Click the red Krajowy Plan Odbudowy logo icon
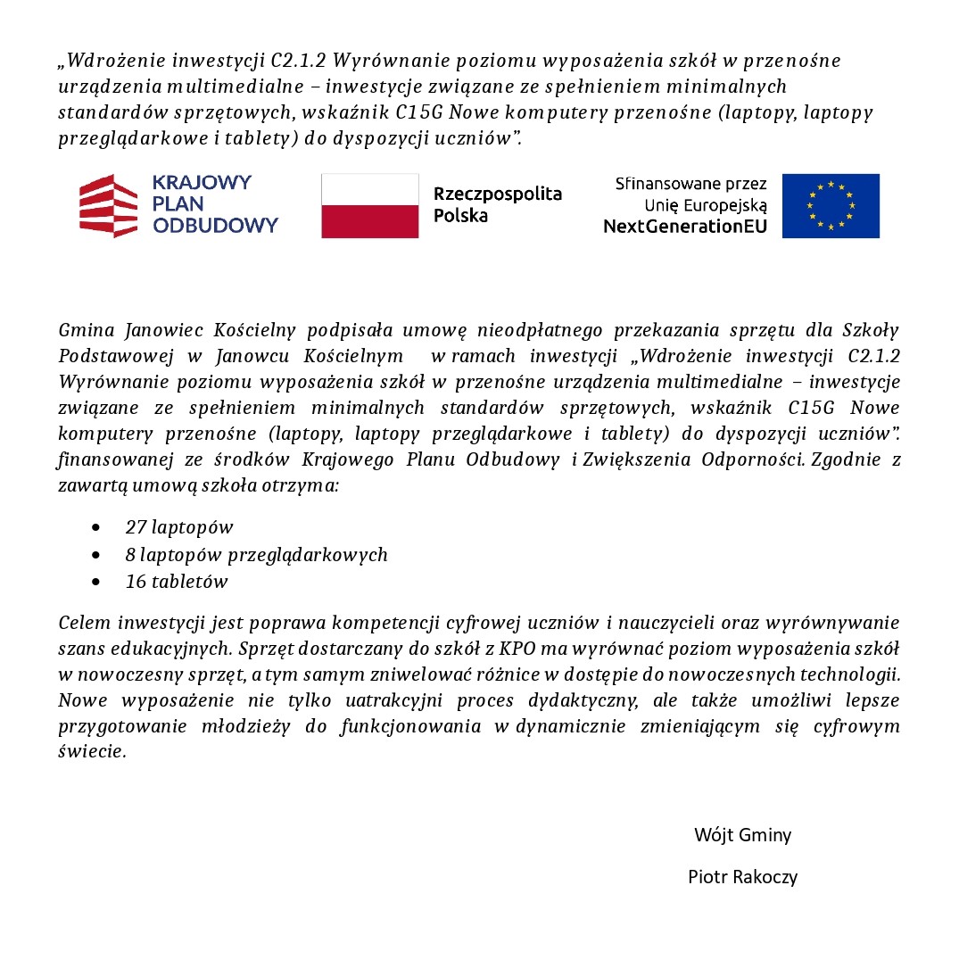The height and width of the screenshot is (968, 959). pyautogui.click(x=109, y=205)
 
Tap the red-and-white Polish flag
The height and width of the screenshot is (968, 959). pyautogui.click(x=369, y=206)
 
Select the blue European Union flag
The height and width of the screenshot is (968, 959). pyautogui.click(x=831, y=206)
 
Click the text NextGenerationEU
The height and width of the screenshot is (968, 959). pyautogui.click(x=684, y=227)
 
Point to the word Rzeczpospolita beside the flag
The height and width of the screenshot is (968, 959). pyautogui.click(x=498, y=194)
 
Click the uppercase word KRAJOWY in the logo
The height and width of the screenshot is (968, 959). pyautogui.click(x=202, y=183)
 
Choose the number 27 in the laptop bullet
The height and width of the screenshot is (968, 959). pyautogui.click(x=136, y=527)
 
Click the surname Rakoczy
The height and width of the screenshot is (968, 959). pyautogui.click(x=764, y=877)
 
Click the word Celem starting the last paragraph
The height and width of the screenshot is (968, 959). pyautogui.click(x=84, y=622)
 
